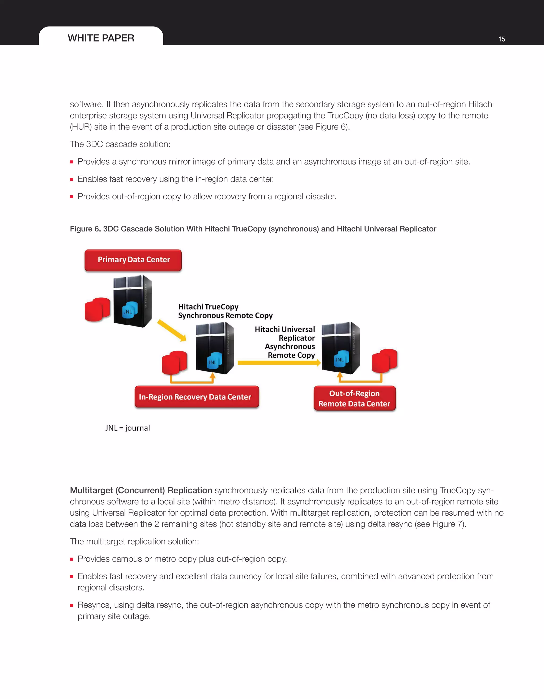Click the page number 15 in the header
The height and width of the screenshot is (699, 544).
pos(501,39)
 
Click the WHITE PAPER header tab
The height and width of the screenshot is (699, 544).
pos(101,38)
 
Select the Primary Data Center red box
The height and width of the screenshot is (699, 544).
pos(133,260)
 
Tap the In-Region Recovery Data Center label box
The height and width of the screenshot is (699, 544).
pos(197,397)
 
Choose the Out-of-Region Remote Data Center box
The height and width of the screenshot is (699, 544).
pos(354,398)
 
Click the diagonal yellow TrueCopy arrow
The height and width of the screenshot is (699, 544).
pos(172,330)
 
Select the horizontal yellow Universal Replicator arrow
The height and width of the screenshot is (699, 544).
pos(279,363)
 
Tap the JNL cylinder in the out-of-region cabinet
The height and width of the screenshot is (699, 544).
pos(341,358)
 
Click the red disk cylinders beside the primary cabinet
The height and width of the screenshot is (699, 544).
pos(97,309)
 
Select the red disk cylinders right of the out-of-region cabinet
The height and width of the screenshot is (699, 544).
pos(385,361)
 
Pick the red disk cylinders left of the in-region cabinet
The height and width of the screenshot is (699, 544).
pos(175,363)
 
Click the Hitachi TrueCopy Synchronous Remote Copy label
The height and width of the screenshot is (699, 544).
pos(225,311)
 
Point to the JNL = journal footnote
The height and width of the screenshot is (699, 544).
pos(127,428)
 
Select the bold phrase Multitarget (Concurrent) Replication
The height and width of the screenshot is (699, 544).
pos(141,490)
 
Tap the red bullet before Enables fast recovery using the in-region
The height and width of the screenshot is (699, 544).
pos(72,179)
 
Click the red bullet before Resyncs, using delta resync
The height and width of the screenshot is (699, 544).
pos(72,605)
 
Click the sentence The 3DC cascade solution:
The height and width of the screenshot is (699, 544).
pos(120,144)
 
